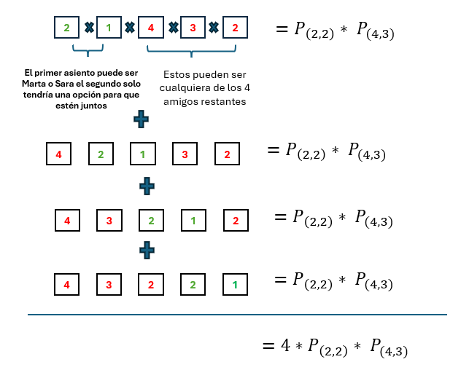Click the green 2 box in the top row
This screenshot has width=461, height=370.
point(66,28)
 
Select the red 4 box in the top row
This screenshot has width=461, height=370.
point(150,28)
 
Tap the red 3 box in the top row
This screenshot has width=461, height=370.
point(193,28)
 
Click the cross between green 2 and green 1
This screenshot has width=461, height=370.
point(88,28)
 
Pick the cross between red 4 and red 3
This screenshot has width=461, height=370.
point(173,28)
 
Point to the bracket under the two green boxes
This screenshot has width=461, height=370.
point(88,51)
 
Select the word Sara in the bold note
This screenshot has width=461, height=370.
point(64,84)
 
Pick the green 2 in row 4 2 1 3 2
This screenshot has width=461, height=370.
point(101,154)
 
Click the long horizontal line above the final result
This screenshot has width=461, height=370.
point(237,315)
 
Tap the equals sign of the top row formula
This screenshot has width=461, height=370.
point(282,30)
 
